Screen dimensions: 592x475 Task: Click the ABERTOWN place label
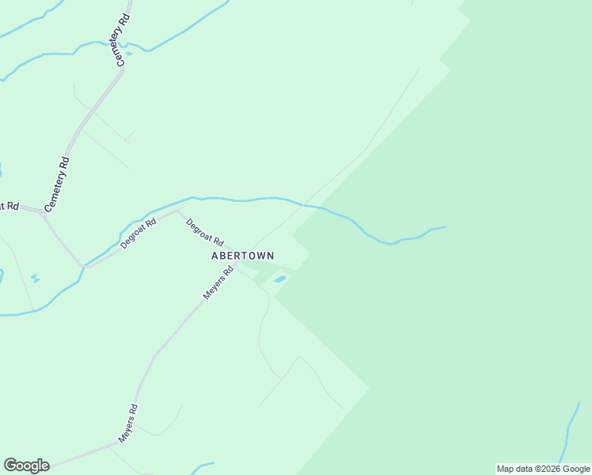pyautogui.click(x=242, y=256)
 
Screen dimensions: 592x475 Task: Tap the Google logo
pyautogui.click(x=26, y=465)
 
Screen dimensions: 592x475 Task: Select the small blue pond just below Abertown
pyautogui.click(x=279, y=279)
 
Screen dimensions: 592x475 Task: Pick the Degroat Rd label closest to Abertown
pyautogui.click(x=205, y=232)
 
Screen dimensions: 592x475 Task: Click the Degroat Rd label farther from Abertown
pyautogui.click(x=139, y=234)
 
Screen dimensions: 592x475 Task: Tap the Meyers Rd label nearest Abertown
pyautogui.click(x=218, y=282)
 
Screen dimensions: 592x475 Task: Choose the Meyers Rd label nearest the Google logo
pyautogui.click(x=128, y=423)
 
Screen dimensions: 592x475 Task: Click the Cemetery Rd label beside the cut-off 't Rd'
pyautogui.click(x=58, y=184)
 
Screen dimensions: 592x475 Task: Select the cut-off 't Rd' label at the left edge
pyautogui.click(x=9, y=206)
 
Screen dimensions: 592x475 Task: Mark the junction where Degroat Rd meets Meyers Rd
pyautogui.click(x=237, y=264)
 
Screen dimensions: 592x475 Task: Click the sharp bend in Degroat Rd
pyautogui.click(x=176, y=211)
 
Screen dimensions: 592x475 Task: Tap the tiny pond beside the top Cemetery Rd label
pyautogui.click(x=129, y=54)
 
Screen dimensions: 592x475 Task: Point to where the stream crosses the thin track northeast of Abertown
pyautogui.click(x=303, y=204)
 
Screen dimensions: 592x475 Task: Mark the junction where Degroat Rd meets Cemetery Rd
pyautogui.click(x=82, y=266)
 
